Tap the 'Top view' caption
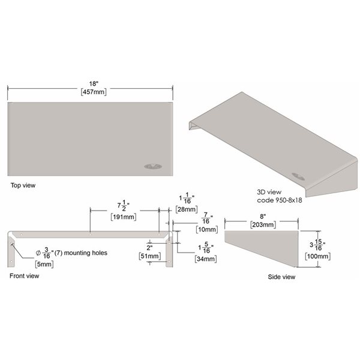(23, 185)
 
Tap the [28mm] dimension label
(184, 209)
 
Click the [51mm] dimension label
(149, 256)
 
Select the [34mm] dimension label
(206, 259)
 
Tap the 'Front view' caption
(25, 277)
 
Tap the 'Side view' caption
(281, 277)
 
